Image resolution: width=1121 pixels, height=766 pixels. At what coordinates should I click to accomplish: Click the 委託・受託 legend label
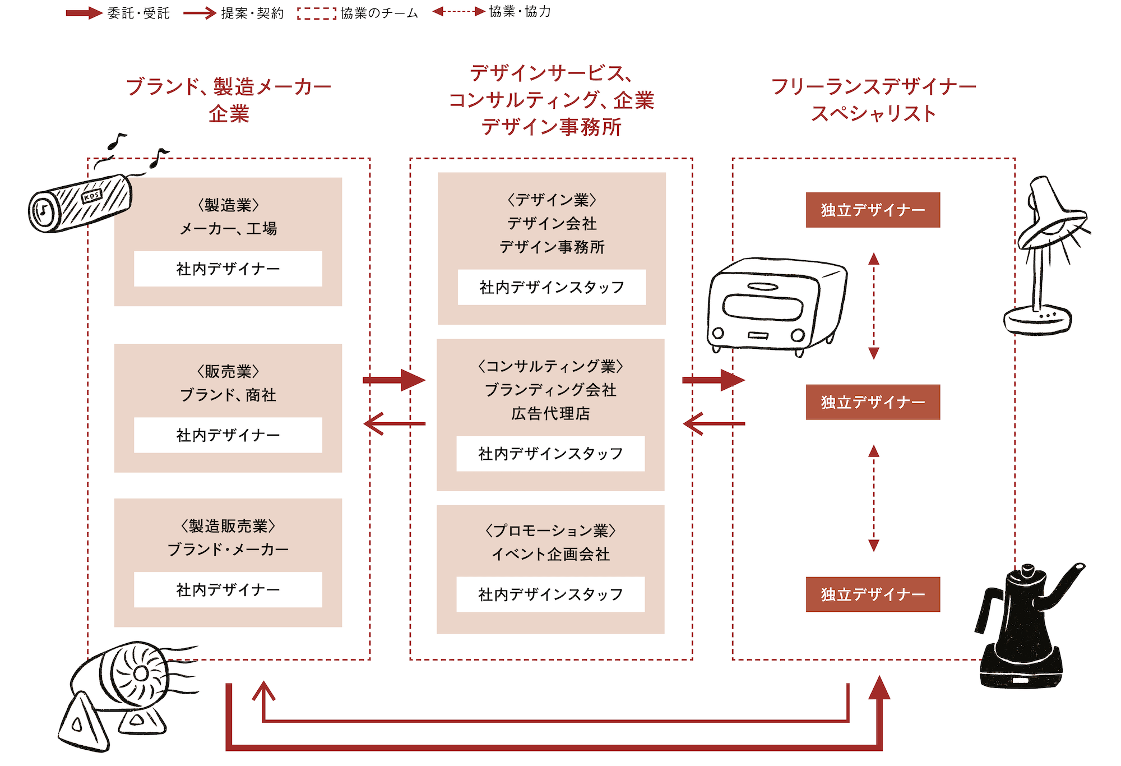[138, 13]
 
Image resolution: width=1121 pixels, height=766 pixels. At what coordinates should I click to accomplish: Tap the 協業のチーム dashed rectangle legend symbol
[317, 13]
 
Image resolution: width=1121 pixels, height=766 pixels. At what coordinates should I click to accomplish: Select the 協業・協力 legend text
[520, 12]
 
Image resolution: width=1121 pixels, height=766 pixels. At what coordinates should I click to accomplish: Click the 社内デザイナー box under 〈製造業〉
[228, 269]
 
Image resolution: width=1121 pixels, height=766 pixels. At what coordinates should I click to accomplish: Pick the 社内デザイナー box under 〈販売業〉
[228, 435]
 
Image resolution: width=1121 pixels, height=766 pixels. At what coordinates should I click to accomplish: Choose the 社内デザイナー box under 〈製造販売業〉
[228, 590]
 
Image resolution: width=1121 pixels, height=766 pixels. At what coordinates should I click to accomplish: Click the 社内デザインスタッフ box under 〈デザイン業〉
[552, 288]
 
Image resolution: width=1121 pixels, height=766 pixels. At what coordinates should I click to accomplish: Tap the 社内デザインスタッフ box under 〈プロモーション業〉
[550, 594]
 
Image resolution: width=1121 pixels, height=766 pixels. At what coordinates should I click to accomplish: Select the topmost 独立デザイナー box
[873, 210]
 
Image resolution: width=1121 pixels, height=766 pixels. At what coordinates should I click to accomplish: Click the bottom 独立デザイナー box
[873, 594]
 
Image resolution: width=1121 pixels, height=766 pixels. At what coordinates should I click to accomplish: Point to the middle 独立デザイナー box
[873, 402]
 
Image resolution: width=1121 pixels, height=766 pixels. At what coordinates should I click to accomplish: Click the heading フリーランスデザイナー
[873, 87]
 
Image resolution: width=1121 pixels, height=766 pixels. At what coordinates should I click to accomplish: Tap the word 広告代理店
[550, 414]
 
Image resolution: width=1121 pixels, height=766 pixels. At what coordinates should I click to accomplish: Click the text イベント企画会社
[550, 555]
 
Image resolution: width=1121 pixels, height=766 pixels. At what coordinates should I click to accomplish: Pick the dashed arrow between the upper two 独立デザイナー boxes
[873, 306]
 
